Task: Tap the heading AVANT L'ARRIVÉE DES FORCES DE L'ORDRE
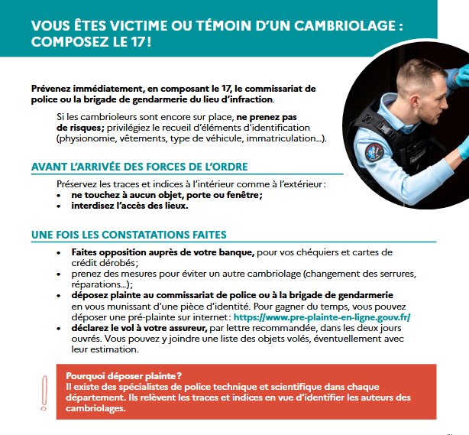(x=139, y=167)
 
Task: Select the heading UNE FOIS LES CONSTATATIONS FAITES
(x=128, y=234)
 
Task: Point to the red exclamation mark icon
(x=44, y=391)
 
